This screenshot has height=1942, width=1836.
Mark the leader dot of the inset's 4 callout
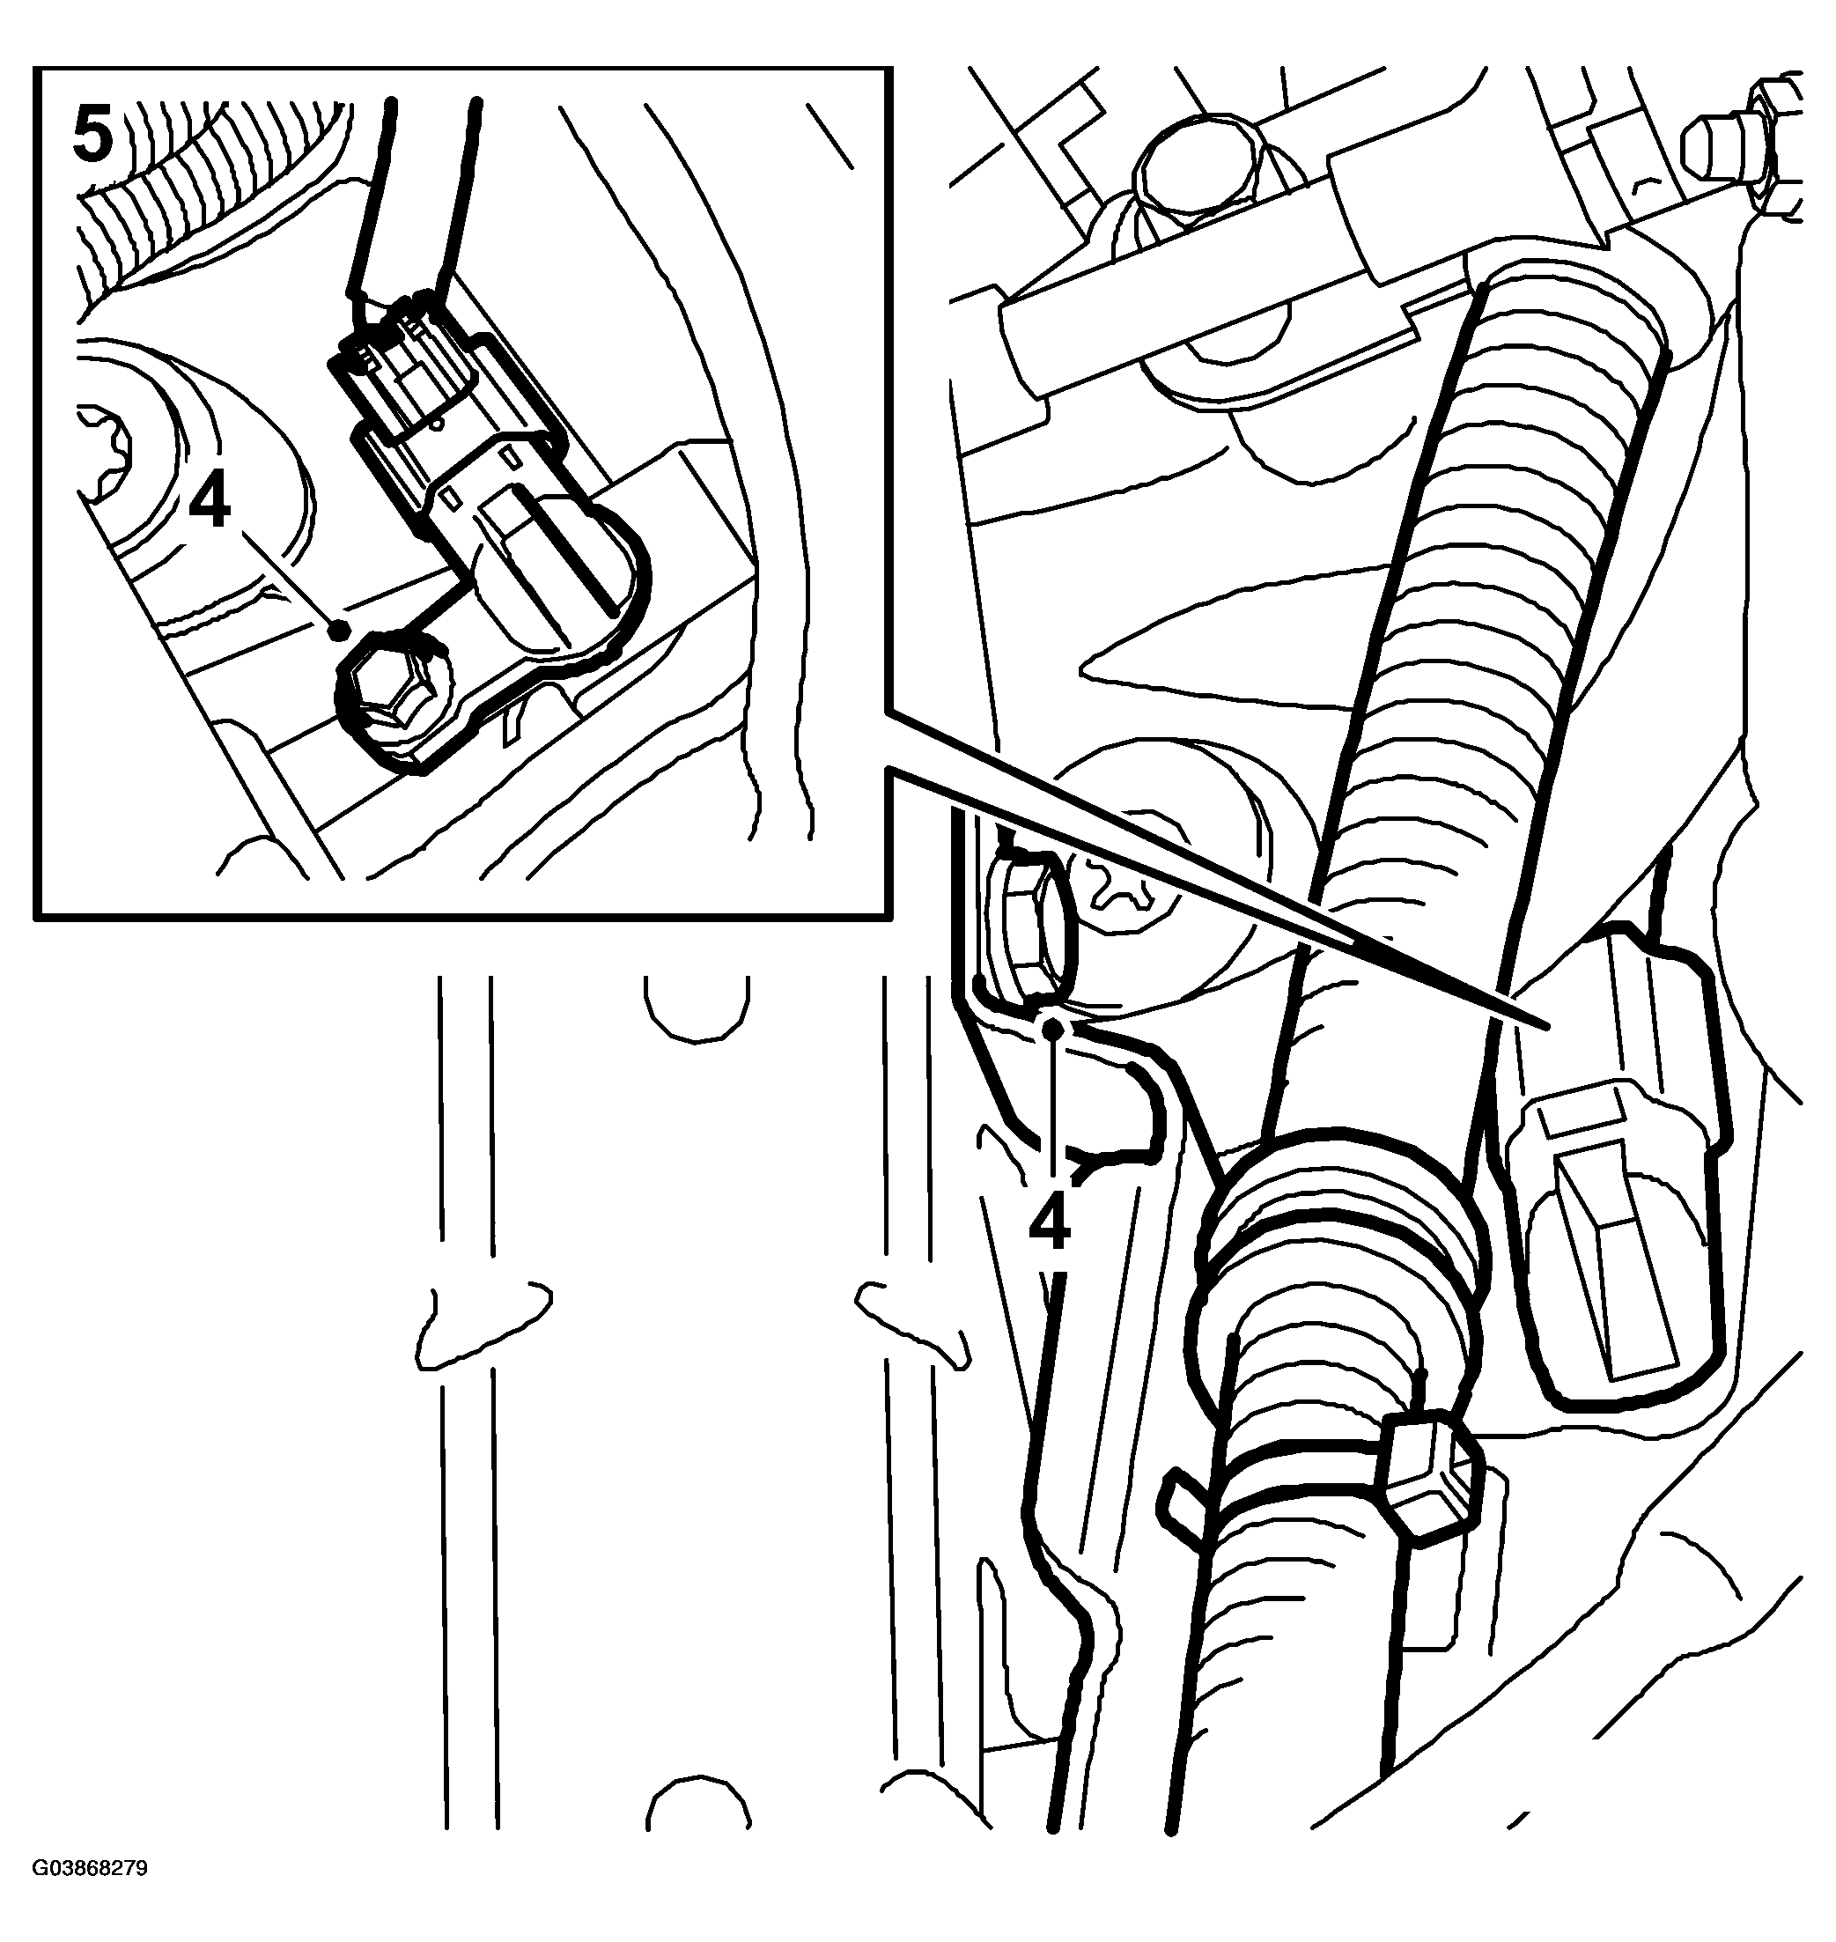click(340, 630)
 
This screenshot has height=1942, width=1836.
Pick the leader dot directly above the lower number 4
click(1053, 1028)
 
